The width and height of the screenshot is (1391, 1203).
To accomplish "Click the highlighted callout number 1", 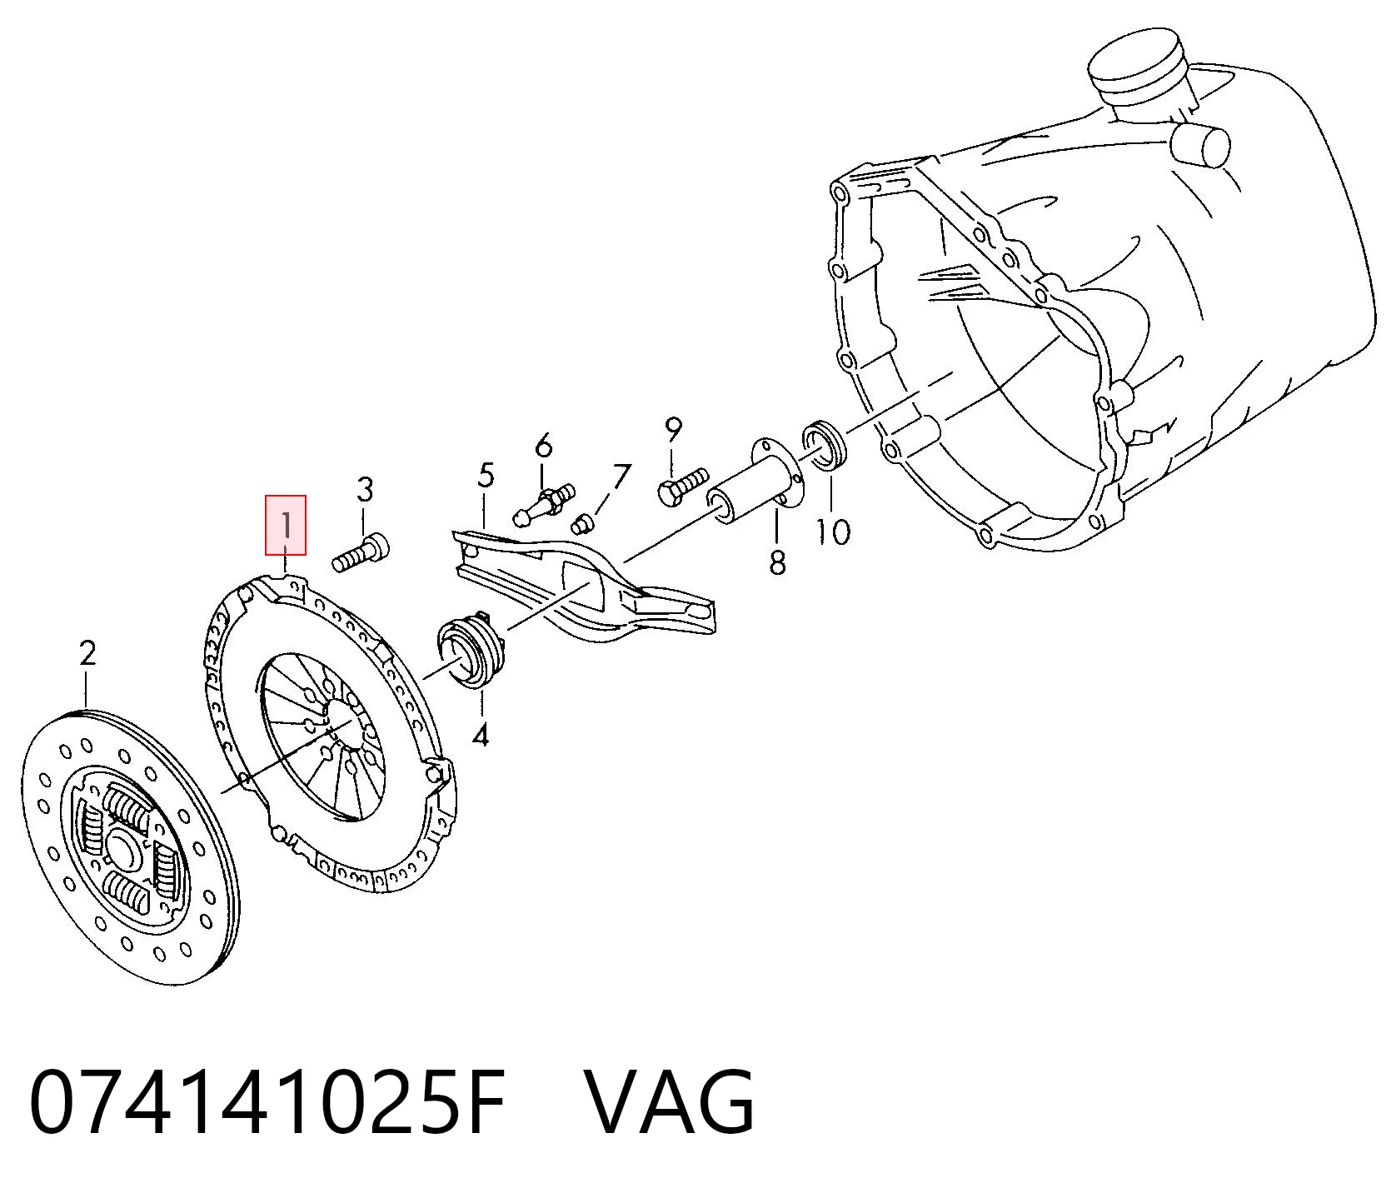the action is [x=286, y=526].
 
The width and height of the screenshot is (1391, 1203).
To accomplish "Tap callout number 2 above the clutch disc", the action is [x=88, y=652].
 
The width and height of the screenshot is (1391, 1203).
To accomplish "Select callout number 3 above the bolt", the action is [x=365, y=490].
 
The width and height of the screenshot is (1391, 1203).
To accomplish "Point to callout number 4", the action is [x=481, y=735].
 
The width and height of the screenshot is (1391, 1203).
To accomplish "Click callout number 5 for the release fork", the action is [x=486, y=476].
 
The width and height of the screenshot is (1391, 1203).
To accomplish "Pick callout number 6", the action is [x=543, y=446].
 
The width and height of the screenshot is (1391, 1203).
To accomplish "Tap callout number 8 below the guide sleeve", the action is [x=777, y=562].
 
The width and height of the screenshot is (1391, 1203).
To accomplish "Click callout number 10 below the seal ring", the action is [x=833, y=532].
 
